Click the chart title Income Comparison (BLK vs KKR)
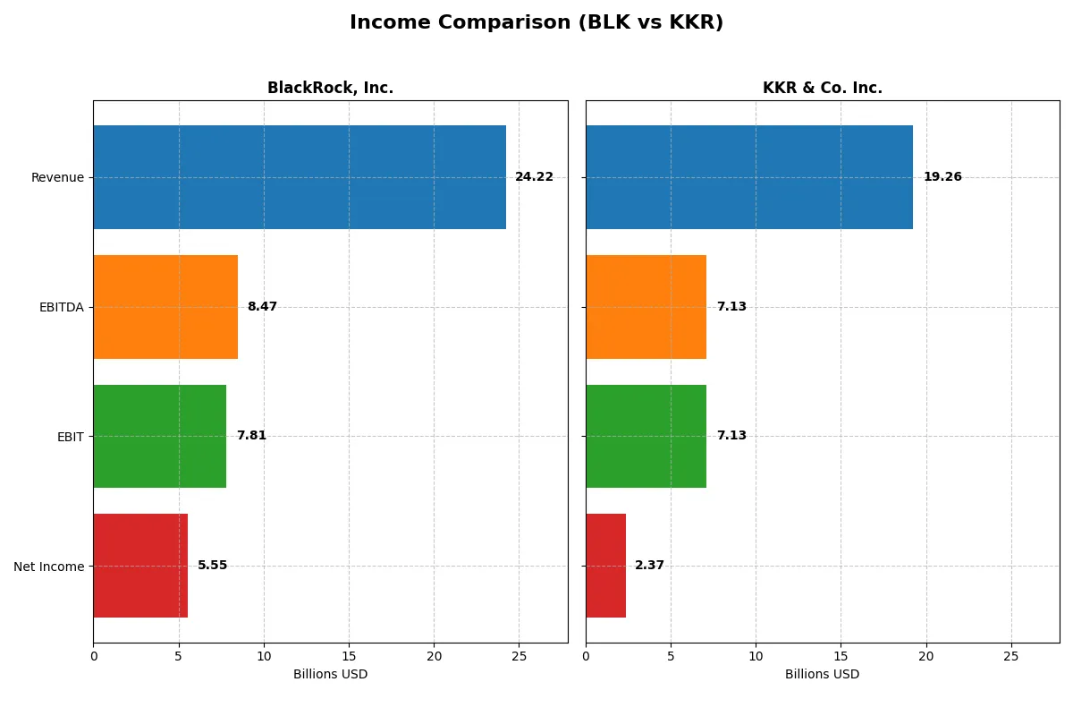pyautogui.click(x=536, y=23)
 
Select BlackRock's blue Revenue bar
pyautogui.click(x=300, y=177)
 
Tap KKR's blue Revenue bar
pyautogui.click(x=749, y=177)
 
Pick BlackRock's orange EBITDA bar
pyautogui.click(x=165, y=307)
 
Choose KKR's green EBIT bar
pyautogui.click(x=646, y=436)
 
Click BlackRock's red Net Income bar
pyautogui.click(x=140, y=566)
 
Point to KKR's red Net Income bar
pyautogui.click(x=605, y=566)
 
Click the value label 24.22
pyautogui.click(x=534, y=177)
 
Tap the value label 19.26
pyautogui.click(x=942, y=177)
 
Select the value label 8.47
pyautogui.click(x=262, y=307)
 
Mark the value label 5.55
pyautogui.click(x=212, y=566)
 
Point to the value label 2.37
pyautogui.click(x=649, y=566)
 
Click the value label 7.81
pyautogui.click(x=251, y=436)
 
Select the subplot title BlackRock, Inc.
pyautogui.click(x=330, y=88)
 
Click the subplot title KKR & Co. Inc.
pyautogui.click(x=822, y=88)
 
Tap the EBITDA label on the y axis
pyautogui.click(x=62, y=307)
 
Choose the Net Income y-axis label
pyautogui.click(x=49, y=567)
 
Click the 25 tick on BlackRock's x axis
pyautogui.click(x=520, y=657)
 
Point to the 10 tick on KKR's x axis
pyautogui.click(x=756, y=657)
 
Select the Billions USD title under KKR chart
pyautogui.click(x=822, y=675)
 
